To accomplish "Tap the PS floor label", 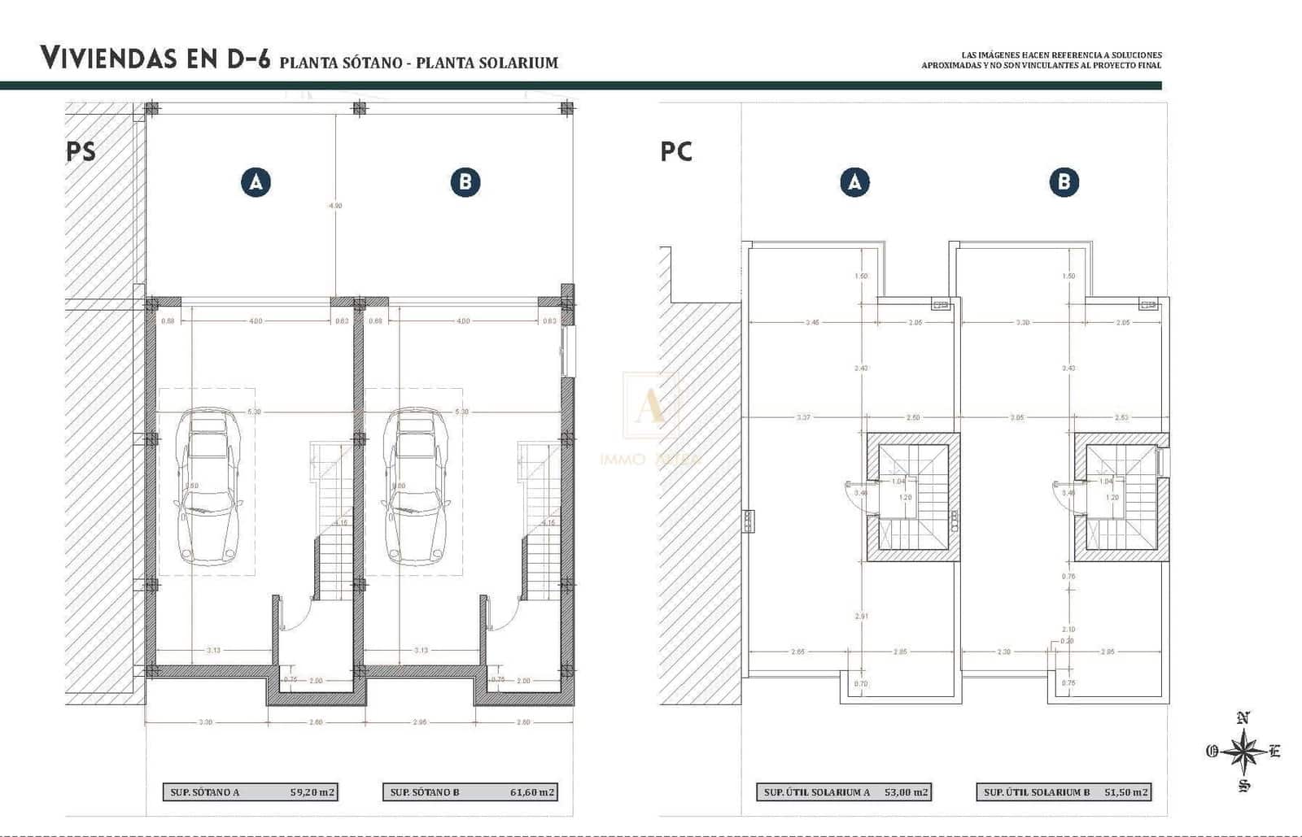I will tap(81, 151).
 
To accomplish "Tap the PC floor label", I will tap(676, 151).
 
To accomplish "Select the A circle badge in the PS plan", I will tap(256, 182).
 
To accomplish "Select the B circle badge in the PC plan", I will tap(1064, 182).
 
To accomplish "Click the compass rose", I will tap(1243, 751).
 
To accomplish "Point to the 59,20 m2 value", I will tap(312, 792).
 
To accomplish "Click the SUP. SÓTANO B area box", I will tap(470, 792).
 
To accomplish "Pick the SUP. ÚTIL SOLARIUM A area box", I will tap(845, 792).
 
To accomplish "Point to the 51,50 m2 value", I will tap(1126, 792).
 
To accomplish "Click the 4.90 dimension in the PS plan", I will tap(335, 206).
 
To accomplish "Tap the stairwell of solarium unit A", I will tap(912, 496).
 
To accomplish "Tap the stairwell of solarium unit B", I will tap(1121, 496).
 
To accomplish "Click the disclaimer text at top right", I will tap(1041, 60).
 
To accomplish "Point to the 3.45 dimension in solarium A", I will tap(812, 323).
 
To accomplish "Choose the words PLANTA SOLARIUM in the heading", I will tap(487, 63).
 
